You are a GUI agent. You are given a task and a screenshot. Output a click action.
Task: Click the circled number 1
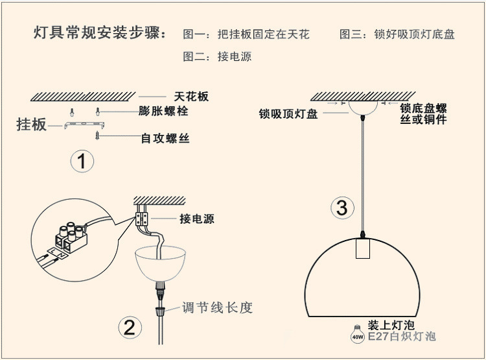click(82, 161)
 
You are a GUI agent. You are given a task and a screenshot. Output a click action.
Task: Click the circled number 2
click(129, 327)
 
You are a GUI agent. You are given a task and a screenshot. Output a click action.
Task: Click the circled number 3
click(342, 208)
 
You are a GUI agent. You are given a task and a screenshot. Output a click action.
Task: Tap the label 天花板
click(192, 96)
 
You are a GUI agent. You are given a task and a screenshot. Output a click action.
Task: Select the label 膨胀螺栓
click(163, 111)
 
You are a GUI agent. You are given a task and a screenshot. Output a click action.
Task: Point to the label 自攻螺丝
click(165, 138)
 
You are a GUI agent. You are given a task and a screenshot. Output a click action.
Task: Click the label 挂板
click(31, 125)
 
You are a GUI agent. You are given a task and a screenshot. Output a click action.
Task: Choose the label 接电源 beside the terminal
click(196, 219)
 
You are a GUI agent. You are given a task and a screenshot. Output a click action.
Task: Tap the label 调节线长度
click(216, 307)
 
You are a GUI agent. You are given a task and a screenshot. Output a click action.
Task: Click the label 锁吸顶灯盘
click(288, 114)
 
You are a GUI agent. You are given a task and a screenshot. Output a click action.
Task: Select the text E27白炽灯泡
click(402, 337)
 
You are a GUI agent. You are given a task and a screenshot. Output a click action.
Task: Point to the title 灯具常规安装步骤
click(100, 34)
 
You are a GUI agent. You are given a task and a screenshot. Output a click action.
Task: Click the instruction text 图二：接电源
click(217, 56)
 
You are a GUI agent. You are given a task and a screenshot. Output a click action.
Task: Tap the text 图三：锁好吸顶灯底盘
click(397, 34)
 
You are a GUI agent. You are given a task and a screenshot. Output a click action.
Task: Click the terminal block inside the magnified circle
click(73, 235)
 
